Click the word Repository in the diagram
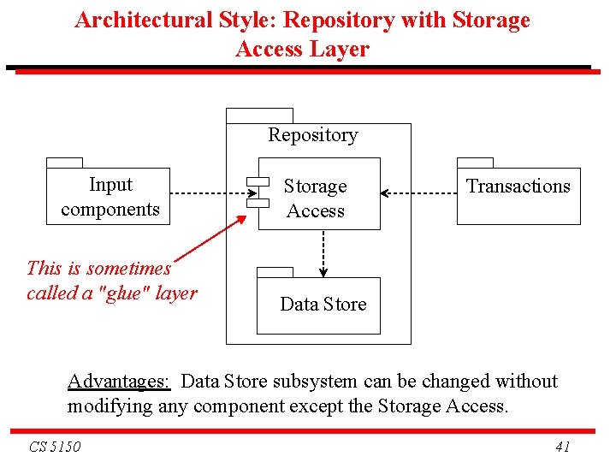coord(312,135)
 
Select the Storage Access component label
coord(316,198)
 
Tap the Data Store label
coord(323,305)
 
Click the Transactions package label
coord(518,187)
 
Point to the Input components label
coord(110,197)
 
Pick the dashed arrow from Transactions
coord(418,194)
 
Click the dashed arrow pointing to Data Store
coord(323,253)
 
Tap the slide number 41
coord(562,447)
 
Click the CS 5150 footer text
coord(55,447)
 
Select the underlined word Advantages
coord(119,382)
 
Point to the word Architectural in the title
coord(142,21)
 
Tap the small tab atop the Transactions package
coord(475,163)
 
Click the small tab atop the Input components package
coord(64,163)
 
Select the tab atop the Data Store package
coord(275,272)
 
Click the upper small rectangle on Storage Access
coord(258,181)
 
